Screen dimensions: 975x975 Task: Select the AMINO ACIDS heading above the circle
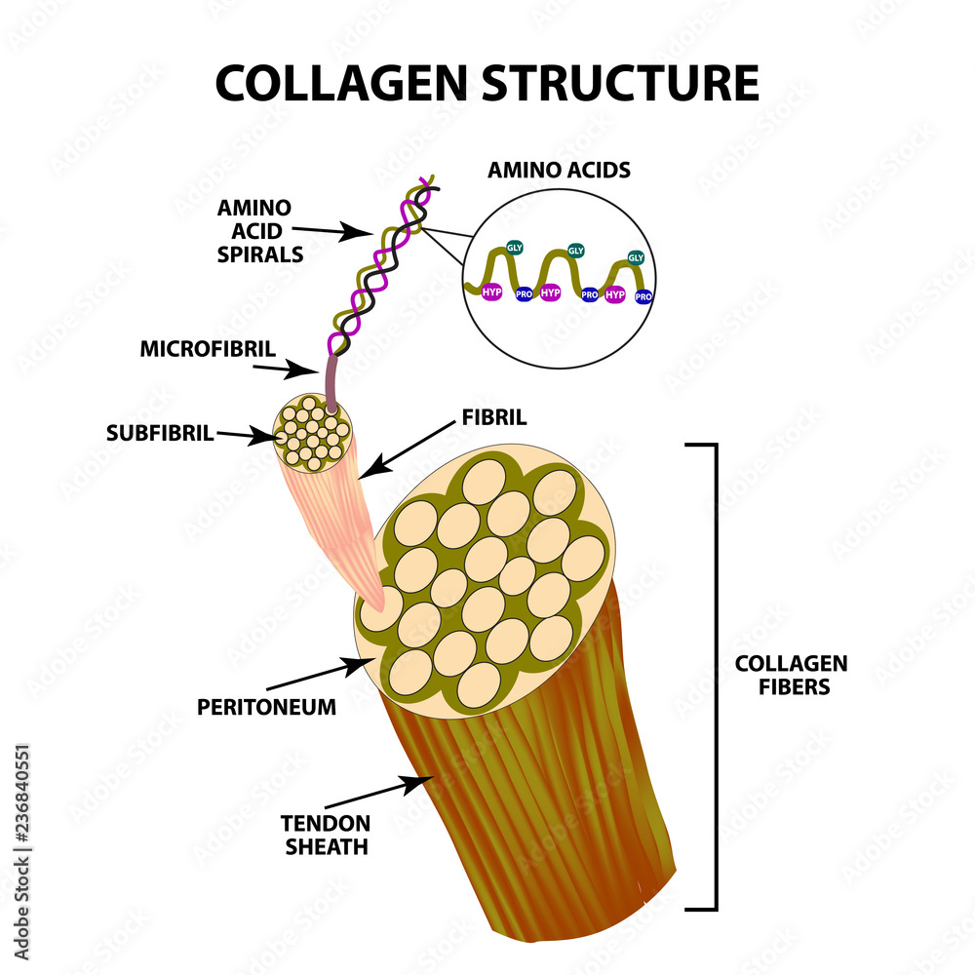pos(560,170)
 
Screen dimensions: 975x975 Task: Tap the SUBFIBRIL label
pos(160,433)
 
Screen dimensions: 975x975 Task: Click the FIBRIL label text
pos(493,417)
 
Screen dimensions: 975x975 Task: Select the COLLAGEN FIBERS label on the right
pos(791,675)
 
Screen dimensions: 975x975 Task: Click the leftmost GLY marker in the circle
pos(515,248)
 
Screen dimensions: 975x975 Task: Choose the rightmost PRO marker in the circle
pos(643,295)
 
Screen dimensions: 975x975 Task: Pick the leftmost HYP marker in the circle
pos(490,292)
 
